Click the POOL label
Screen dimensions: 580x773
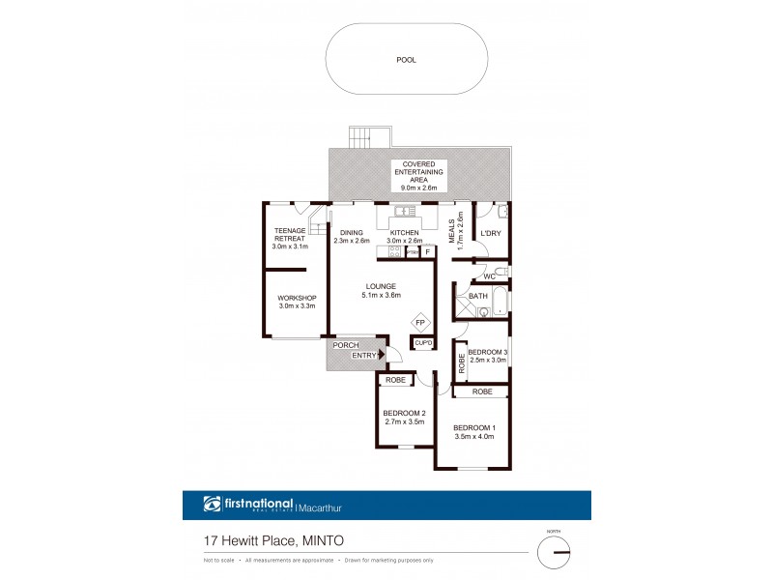click(406, 60)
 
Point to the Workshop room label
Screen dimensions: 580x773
click(297, 301)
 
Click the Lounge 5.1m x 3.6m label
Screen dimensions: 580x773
click(379, 290)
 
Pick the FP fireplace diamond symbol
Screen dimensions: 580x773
click(421, 323)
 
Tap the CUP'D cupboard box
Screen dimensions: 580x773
click(422, 343)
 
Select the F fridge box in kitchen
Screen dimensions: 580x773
click(427, 252)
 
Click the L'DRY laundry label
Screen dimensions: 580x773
click(490, 233)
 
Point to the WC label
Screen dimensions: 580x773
click(489, 276)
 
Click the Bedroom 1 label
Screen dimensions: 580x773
click(473, 431)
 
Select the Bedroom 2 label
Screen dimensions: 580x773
click(405, 418)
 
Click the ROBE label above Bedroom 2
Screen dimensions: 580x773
click(396, 381)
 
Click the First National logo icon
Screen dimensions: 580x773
click(214, 504)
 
